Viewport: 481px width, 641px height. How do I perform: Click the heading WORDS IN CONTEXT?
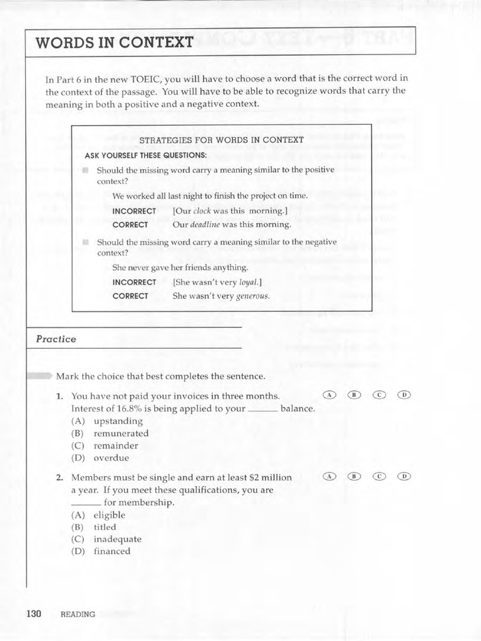point(115,43)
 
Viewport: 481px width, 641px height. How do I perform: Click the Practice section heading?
point(56,339)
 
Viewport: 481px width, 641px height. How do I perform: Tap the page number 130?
point(34,613)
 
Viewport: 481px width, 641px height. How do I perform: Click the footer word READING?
point(78,615)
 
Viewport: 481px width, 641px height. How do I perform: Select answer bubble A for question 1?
point(329,394)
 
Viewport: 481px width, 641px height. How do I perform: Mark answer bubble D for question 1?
point(405,394)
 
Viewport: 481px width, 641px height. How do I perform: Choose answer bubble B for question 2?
point(354,476)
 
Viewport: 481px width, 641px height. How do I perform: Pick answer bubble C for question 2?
point(380,476)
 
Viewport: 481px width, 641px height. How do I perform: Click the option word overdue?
point(111,458)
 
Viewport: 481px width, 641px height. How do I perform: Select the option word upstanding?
point(118,421)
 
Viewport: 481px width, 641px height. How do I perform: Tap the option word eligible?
point(110,515)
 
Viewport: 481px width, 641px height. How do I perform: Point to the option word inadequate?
point(117,539)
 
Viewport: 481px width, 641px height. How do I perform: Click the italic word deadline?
point(204,225)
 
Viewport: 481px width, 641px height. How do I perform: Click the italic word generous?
point(252,296)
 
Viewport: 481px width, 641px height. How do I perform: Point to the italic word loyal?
point(249,282)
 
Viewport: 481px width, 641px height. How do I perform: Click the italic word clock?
point(202,211)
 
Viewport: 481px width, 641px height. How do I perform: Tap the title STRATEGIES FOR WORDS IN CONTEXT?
point(221,140)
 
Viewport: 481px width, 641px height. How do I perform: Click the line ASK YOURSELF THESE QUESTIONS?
point(145,155)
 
